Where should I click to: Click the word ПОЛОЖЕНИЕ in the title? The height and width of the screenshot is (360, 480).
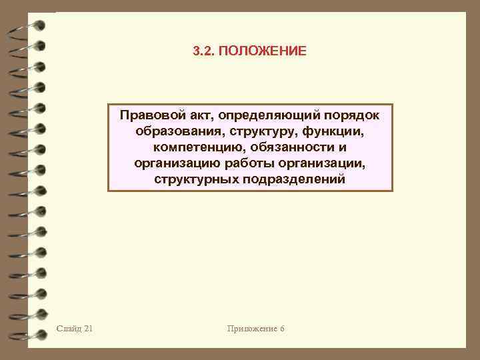point(263,51)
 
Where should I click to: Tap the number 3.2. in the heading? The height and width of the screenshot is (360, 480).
point(203,51)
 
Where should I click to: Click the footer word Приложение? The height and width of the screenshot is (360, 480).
point(250,328)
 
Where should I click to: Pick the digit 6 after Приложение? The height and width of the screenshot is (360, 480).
point(282,328)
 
